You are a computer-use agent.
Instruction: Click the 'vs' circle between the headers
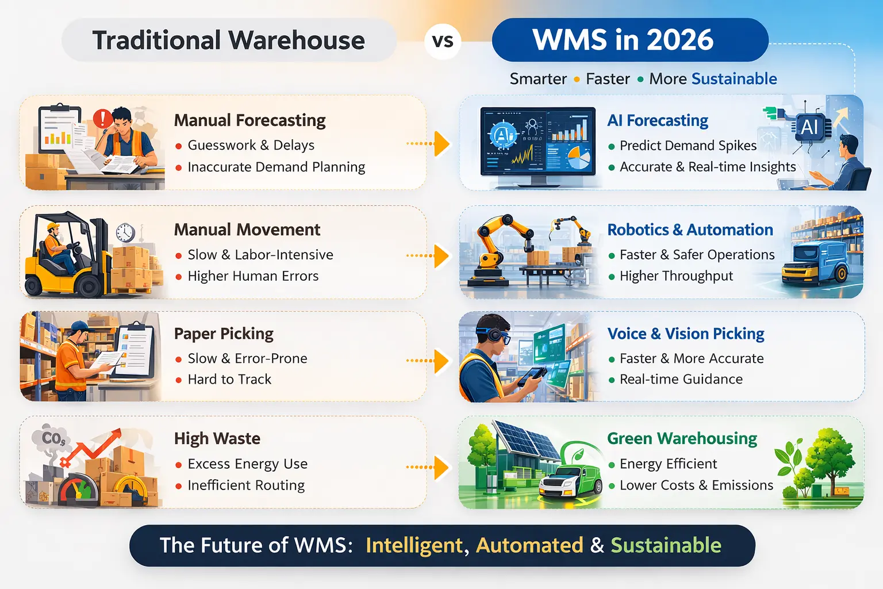[x=443, y=41]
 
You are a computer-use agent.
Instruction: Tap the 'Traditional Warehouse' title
[x=228, y=40]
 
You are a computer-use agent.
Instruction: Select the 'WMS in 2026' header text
[x=623, y=40]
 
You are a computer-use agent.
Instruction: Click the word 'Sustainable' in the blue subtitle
[x=734, y=79]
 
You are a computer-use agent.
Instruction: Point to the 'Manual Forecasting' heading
[x=249, y=120]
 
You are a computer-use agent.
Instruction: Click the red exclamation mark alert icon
[x=102, y=118]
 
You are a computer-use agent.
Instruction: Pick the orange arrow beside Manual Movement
[x=441, y=256]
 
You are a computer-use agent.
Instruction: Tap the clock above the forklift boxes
[x=125, y=232]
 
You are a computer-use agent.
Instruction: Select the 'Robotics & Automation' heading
[x=690, y=230]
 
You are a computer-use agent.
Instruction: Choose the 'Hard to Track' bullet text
[x=229, y=380]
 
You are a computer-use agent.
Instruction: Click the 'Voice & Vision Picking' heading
[x=686, y=334]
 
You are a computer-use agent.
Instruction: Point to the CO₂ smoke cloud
[x=53, y=439]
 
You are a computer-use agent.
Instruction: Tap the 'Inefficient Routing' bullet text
[x=246, y=485]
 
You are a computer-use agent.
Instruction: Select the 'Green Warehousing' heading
[x=682, y=438]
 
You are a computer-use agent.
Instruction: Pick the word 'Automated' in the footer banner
[x=529, y=545]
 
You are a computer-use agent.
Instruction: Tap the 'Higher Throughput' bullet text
[x=676, y=276]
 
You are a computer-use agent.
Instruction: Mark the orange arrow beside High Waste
[x=441, y=467]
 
